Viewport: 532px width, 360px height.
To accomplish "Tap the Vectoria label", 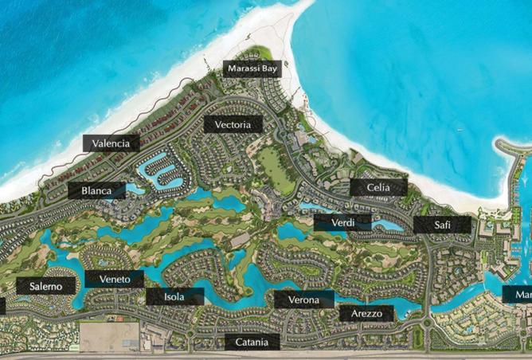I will (x=233, y=125).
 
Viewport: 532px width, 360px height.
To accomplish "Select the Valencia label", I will (x=111, y=143).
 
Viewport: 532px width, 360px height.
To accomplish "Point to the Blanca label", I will (x=96, y=191).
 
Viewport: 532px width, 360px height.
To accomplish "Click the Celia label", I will (x=378, y=187).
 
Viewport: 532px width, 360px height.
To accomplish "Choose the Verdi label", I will (x=342, y=222).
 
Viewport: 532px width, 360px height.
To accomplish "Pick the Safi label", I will (x=442, y=225).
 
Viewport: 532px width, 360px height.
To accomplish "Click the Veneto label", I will (x=115, y=279).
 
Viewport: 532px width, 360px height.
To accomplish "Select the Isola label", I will (x=174, y=297).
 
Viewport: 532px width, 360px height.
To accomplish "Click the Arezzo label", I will (x=366, y=314).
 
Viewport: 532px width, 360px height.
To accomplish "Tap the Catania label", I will (x=252, y=342).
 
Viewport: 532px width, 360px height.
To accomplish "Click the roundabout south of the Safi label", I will (x=431, y=325).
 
